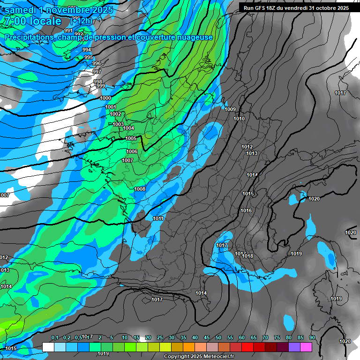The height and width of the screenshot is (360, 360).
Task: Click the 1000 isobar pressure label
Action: click(x=105, y=98)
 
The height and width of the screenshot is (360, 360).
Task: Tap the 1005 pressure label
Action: click(x=131, y=138)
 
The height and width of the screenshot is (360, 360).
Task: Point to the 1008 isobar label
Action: click(x=140, y=189)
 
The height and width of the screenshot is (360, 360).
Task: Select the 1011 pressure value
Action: click(x=158, y=218)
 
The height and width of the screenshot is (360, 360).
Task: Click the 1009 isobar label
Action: click(x=230, y=109)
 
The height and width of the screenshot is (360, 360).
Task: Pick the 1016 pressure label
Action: click(x=246, y=210)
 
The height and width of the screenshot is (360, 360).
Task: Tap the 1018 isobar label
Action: click(x=247, y=256)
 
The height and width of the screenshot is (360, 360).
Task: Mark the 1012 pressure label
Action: click(x=247, y=147)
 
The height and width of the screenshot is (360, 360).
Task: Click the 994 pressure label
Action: click(x=87, y=50)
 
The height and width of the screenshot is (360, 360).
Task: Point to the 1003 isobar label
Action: click(x=118, y=124)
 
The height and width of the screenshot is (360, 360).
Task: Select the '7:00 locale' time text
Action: click(x=32, y=22)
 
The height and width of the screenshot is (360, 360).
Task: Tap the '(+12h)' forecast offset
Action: click(x=81, y=22)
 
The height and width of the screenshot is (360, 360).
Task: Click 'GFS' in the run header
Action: click(x=263, y=8)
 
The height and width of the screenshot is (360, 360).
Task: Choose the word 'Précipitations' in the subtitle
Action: click(x=28, y=37)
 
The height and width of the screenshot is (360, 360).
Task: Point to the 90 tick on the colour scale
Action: click(x=312, y=338)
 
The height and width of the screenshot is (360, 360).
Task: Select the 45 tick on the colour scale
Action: click(x=207, y=338)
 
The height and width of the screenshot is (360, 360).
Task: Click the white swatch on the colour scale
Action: click(x=48, y=347)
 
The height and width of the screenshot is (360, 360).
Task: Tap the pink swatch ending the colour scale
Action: click(x=306, y=347)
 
